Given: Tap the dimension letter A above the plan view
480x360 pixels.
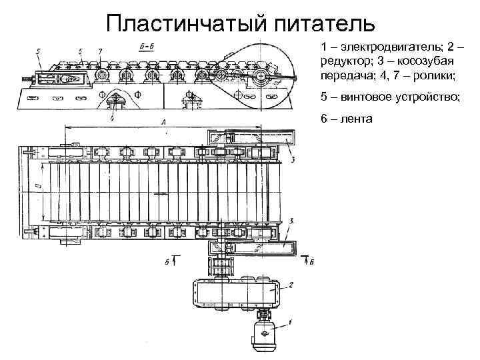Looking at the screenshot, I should coord(163,122).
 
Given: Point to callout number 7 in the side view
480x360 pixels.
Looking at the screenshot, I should coord(99,51).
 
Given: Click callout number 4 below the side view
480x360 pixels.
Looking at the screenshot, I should coord(111,118).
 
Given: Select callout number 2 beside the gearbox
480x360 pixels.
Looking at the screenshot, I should coord(291,285).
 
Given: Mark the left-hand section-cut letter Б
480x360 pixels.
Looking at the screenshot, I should coord(166,262).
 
